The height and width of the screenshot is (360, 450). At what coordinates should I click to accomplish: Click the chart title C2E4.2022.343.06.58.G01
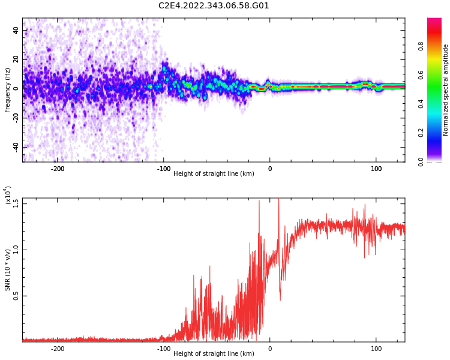pos(214,6)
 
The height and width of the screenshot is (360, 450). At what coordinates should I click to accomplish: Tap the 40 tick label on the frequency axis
pos(16,30)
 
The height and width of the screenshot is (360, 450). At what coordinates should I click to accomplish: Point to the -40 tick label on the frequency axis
pos(15,147)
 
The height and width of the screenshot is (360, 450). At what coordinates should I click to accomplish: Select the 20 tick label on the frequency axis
pos(16,59)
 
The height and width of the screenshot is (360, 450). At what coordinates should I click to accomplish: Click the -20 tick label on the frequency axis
pos(15,118)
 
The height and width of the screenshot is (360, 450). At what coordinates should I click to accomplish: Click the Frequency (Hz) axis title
pos(8,90)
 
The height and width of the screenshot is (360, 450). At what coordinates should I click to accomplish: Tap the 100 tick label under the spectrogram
pos(376,169)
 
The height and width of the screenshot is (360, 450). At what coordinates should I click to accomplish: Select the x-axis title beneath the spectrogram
pos(214,174)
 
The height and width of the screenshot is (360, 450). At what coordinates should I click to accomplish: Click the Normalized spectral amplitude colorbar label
pos(446,90)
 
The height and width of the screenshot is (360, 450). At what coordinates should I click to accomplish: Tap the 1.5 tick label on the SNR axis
pos(16,203)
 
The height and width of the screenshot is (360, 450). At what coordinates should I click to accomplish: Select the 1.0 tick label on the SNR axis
pos(16,249)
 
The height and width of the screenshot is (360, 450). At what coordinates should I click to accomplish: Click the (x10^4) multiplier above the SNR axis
pos(8,196)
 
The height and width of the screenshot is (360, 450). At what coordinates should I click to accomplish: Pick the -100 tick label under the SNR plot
pos(163,349)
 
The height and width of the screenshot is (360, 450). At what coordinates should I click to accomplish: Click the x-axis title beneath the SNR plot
pos(214,354)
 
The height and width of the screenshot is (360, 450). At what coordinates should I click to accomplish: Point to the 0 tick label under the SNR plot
pos(270,349)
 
